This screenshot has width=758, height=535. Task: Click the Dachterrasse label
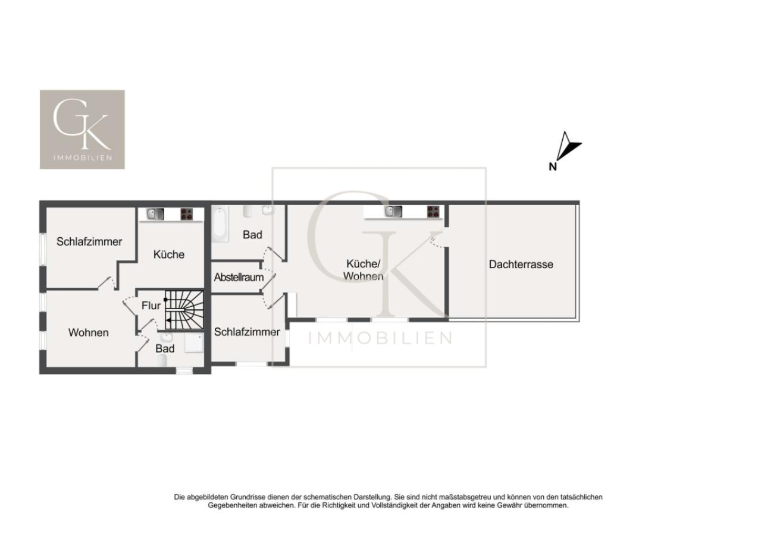[521, 265]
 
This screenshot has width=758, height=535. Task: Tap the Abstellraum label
[239, 277]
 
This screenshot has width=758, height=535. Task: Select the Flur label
[151, 306]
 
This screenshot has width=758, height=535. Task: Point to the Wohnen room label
[88, 333]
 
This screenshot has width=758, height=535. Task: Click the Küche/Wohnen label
[364, 270]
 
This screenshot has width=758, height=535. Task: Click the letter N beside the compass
[553, 166]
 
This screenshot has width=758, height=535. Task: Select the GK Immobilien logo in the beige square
[82, 130]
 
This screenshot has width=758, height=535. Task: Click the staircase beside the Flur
[184, 310]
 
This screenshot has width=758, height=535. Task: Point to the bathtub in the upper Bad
[220, 224]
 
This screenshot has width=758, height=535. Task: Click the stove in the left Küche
[186, 214]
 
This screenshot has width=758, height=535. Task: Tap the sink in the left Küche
[155, 214]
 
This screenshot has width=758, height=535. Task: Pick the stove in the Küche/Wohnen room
[433, 212]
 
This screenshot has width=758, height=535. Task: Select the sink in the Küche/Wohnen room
[393, 212]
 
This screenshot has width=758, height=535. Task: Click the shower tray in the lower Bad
[194, 344]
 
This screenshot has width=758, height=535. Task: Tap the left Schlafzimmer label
[89, 242]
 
